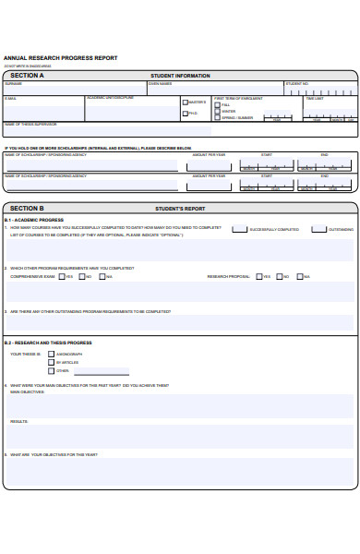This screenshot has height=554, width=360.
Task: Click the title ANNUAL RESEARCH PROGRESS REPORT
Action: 61,58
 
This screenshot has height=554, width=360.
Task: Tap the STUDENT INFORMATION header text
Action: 180,76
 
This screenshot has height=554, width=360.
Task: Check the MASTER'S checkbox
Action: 186,102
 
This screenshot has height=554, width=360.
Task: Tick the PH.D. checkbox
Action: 186,114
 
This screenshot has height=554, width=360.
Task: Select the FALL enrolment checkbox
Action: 217,103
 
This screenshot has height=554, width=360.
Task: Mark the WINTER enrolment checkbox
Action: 217,111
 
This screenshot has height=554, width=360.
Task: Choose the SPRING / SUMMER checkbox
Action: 217,118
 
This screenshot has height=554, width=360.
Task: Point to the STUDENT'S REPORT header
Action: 180,209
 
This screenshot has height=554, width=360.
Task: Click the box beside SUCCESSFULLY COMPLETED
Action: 239,229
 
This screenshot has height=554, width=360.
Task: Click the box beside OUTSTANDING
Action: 318,229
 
